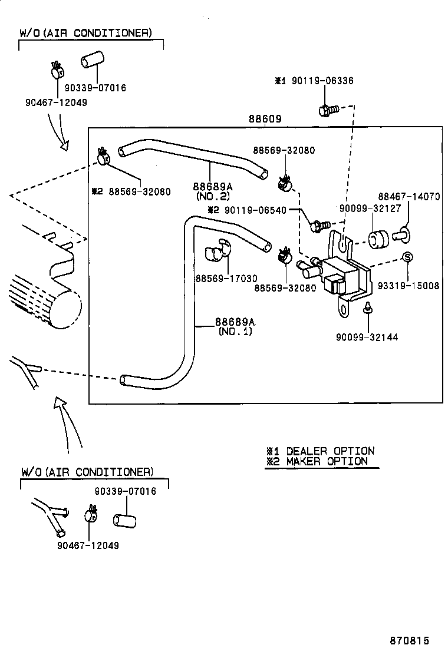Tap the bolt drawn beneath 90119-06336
point(326,110)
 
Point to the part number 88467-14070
point(409,197)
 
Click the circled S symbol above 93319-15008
point(407,257)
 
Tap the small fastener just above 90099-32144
point(367,307)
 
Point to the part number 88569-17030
point(226,279)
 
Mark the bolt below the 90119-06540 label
point(318,225)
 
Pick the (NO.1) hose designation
point(235,332)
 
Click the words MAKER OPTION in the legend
point(327,461)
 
